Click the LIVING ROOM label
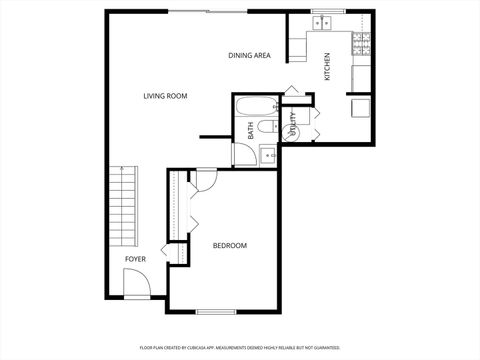point(165,96)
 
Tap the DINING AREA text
point(249,56)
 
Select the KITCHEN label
point(326,67)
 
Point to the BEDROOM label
point(229,245)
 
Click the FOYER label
point(135,259)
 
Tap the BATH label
point(250,129)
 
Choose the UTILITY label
point(294,123)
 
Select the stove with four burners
point(361,43)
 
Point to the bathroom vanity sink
point(268,153)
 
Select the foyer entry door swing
point(139,286)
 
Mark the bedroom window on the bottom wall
point(216,312)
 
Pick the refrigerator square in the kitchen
point(359,107)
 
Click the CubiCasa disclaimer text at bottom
point(240,347)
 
